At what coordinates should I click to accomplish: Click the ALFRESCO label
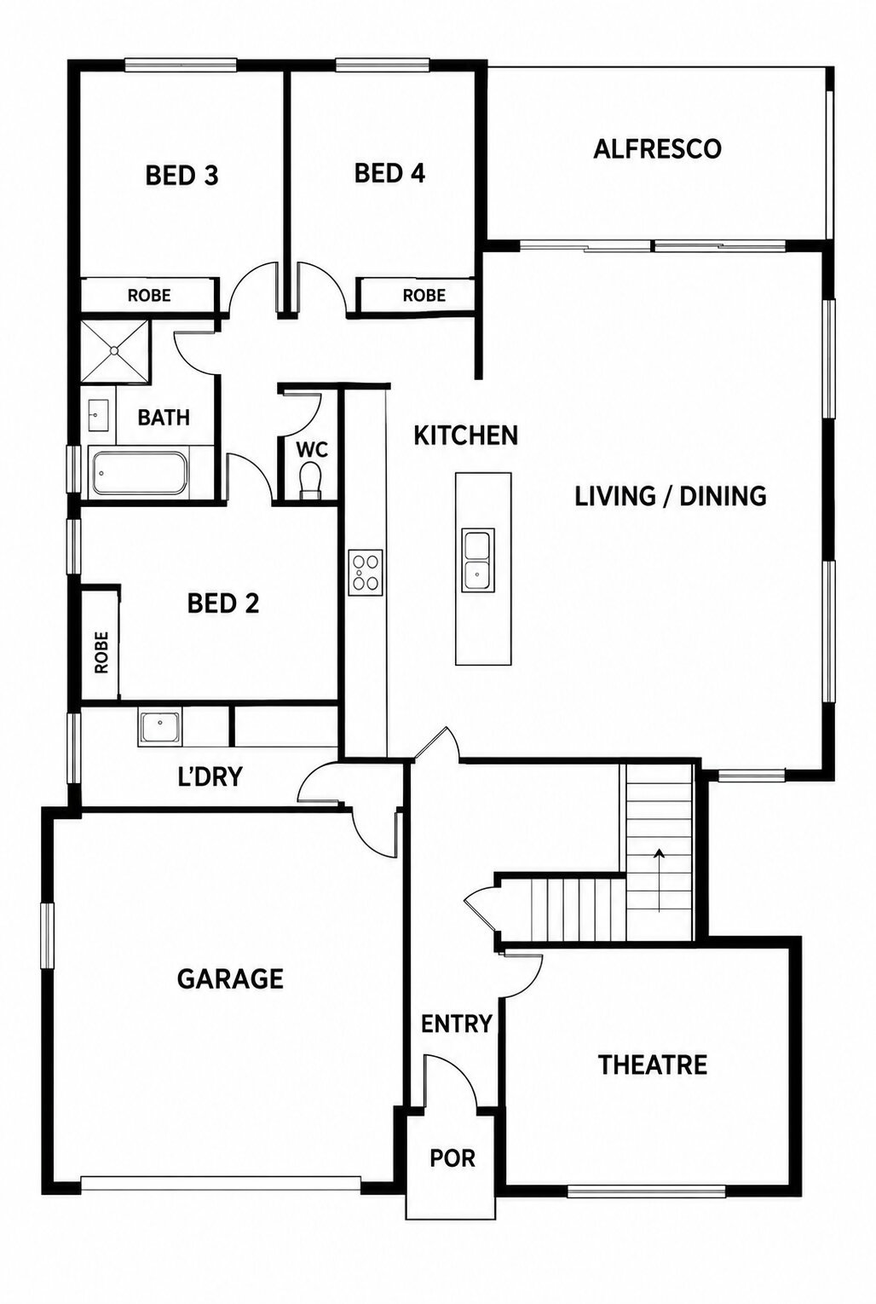[657, 148]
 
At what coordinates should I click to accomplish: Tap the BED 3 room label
[182, 176]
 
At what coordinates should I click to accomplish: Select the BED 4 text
[389, 173]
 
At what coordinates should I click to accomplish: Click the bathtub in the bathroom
[139, 471]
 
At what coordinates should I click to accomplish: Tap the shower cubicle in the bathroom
[115, 350]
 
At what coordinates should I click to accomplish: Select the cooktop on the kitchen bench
[366, 572]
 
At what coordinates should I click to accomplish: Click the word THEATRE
[653, 1065]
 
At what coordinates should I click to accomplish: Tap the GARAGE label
[230, 978]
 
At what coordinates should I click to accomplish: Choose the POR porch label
[452, 1158]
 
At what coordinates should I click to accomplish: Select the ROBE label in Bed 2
[101, 653]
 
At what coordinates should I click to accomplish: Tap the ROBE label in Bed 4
[424, 295]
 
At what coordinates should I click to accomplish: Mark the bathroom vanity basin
[97, 416]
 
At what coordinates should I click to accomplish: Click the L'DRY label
[210, 776]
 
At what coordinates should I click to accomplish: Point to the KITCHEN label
[465, 436]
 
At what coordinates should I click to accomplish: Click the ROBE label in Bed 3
[149, 295]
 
